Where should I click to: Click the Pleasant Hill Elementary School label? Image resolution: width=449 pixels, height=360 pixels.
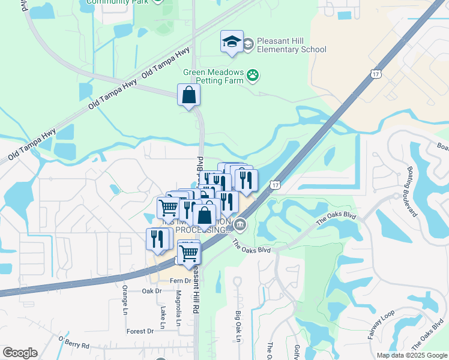pos(291,45)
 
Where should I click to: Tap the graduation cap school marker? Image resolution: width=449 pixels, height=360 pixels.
pos(232,42)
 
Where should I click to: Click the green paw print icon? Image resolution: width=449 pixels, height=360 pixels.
pos(253,76)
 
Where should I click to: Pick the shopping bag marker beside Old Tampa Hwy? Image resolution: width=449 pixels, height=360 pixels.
pos(188,95)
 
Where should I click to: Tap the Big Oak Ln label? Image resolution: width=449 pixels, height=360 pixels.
pos(238,327)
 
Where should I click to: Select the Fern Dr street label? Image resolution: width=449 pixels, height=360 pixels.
pos(179,280)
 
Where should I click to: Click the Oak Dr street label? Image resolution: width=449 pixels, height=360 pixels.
pos(152,291)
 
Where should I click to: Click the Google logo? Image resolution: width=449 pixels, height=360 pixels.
pos(20,353)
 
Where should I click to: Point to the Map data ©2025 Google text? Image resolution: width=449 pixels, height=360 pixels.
pos(412,355)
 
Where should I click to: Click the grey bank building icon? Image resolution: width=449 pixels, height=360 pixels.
pos(240,225)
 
